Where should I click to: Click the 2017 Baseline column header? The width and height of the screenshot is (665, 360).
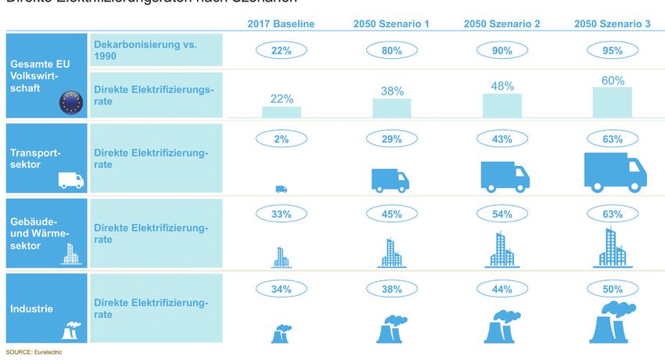(x=282, y=23)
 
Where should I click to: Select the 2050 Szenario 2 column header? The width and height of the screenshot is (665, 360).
(x=501, y=23)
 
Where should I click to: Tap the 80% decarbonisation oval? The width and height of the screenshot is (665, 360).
(x=392, y=51)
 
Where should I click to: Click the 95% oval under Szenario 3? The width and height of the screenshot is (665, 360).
(x=613, y=51)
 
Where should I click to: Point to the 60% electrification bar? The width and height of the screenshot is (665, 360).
(x=613, y=102)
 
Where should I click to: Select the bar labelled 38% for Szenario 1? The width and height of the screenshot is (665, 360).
(x=392, y=108)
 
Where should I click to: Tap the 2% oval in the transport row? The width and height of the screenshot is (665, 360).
(x=282, y=139)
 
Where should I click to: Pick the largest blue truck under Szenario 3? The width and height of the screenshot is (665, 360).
(x=615, y=171)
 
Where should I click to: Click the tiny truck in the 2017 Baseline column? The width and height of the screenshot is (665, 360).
(x=281, y=189)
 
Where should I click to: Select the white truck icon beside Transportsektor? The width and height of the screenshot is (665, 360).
(x=70, y=181)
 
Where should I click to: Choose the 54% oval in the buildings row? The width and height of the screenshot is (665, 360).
(x=501, y=214)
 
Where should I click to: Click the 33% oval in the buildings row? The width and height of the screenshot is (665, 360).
(x=282, y=214)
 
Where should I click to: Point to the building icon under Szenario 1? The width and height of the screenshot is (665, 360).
(x=391, y=252)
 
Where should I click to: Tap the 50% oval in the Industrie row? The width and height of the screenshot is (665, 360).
(x=613, y=290)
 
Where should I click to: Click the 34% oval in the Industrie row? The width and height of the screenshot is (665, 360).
(x=282, y=290)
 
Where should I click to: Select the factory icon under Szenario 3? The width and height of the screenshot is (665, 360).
(x=613, y=322)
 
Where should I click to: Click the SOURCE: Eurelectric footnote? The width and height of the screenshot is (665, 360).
(x=34, y=352)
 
